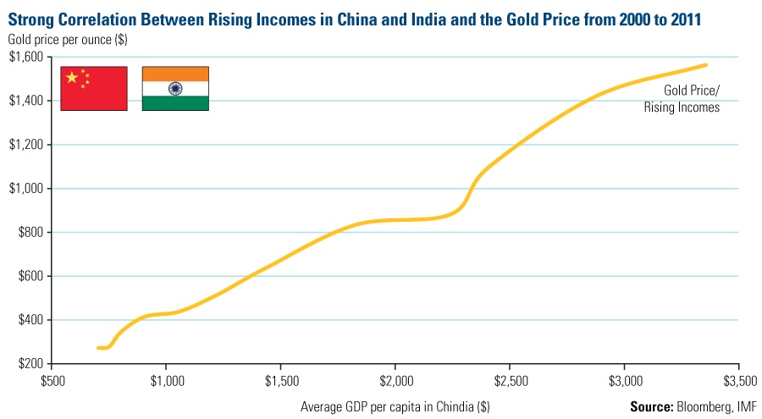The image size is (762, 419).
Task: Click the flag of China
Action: tap(93, 88)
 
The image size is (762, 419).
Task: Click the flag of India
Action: tap(175, 88)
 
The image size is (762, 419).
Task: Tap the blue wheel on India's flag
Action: tap(175, 88)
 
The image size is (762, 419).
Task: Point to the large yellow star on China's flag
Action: tap(72, 78)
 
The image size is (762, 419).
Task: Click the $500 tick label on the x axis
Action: tap(52, 379)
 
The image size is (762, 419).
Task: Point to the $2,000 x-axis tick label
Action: tap(395, 379)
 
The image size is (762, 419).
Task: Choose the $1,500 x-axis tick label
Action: tap(281, 379)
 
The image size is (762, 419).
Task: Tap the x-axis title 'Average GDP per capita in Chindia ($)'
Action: tap(395, 406)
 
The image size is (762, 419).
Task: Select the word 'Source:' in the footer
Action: tap(652, 406)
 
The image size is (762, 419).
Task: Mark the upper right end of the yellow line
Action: tap(706, 64)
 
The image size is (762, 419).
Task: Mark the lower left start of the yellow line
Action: tap(98, 348)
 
